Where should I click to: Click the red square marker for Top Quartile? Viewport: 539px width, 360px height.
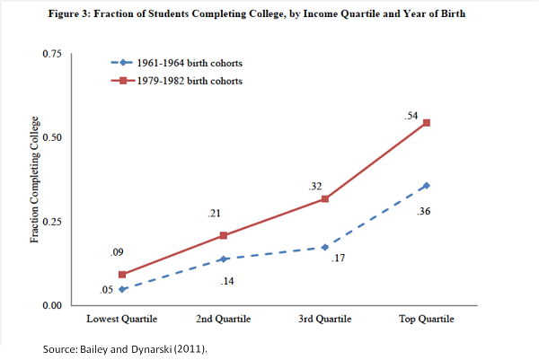tap(426, 123)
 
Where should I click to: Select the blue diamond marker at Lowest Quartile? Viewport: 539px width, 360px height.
tap(121, 289)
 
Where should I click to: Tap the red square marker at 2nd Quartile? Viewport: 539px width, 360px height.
tap(223, 235)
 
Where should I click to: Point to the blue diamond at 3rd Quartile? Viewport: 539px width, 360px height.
tap(324, 247)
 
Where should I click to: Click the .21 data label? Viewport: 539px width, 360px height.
tap(216, 214)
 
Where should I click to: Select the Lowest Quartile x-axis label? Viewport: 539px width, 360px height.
tap(121, 320)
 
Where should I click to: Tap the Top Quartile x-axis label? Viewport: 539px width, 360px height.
tap(426, 320)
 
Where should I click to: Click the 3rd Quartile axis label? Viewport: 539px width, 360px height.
tap(324, 320)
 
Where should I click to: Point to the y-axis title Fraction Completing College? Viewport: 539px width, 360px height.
tap(35, 180)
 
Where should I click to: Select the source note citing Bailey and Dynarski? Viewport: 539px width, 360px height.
tap(125, 347)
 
